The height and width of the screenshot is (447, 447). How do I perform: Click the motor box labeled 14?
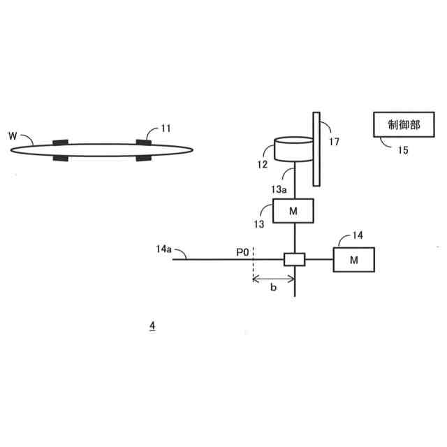pos(354,260)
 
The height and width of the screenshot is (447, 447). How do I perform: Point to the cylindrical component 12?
pos(293,149)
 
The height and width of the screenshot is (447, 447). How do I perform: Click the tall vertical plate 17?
pos(317,149)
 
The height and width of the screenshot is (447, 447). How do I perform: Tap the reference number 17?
pos(334,142)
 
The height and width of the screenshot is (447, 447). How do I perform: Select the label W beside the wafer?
pos(13,135)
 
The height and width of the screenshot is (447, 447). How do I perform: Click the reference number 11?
pos(165,128)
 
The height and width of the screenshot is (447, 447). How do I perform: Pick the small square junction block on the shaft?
pos(294,259)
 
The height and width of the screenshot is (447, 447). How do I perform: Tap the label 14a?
pos(165,249)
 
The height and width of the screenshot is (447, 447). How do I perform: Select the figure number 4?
pos(152,326)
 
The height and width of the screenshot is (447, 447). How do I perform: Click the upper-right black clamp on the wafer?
pos(145,142)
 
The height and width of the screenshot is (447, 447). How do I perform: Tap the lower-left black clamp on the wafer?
pos(61,157)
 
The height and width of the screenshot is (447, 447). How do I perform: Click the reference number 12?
pos(263,166)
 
